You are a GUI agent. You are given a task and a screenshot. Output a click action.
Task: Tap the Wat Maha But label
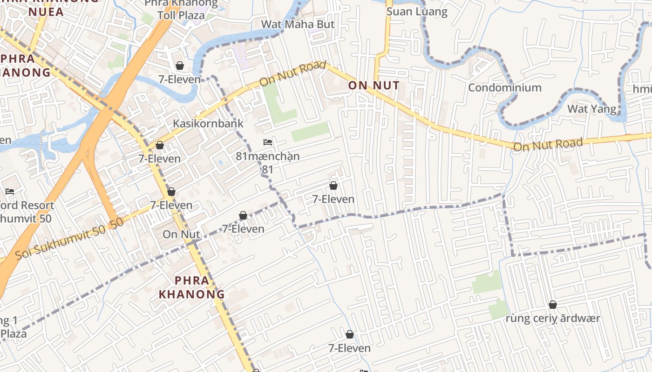coord(298,24)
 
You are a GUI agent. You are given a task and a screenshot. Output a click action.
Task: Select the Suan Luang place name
coord(417,12)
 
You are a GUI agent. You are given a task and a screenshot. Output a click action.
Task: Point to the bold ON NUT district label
coord(374,86)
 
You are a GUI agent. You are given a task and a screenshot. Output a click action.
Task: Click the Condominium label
coord(504,87)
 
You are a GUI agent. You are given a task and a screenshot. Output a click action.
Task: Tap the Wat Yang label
coord(591,109)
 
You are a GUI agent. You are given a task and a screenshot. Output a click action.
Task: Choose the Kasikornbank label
coord(208,123)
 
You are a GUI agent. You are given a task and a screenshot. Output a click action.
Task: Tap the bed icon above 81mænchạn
coord(267,142)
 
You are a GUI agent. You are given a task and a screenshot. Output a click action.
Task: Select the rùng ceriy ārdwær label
coord(553,319)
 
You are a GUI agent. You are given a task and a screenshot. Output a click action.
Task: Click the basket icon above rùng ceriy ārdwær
coord(553,305)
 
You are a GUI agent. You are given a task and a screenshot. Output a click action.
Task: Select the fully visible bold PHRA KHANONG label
coord(192,287)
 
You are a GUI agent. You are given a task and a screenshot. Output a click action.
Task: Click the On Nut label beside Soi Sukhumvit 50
coord(181,234)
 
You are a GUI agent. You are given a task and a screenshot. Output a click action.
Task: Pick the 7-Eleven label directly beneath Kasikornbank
coord(160,159)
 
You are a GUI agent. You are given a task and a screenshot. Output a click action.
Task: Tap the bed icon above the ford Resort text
coord(9,191)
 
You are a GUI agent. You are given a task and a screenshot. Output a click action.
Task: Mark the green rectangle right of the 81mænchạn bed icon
coord(310,132)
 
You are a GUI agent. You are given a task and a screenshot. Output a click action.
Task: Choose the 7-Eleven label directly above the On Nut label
coord(171,205)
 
